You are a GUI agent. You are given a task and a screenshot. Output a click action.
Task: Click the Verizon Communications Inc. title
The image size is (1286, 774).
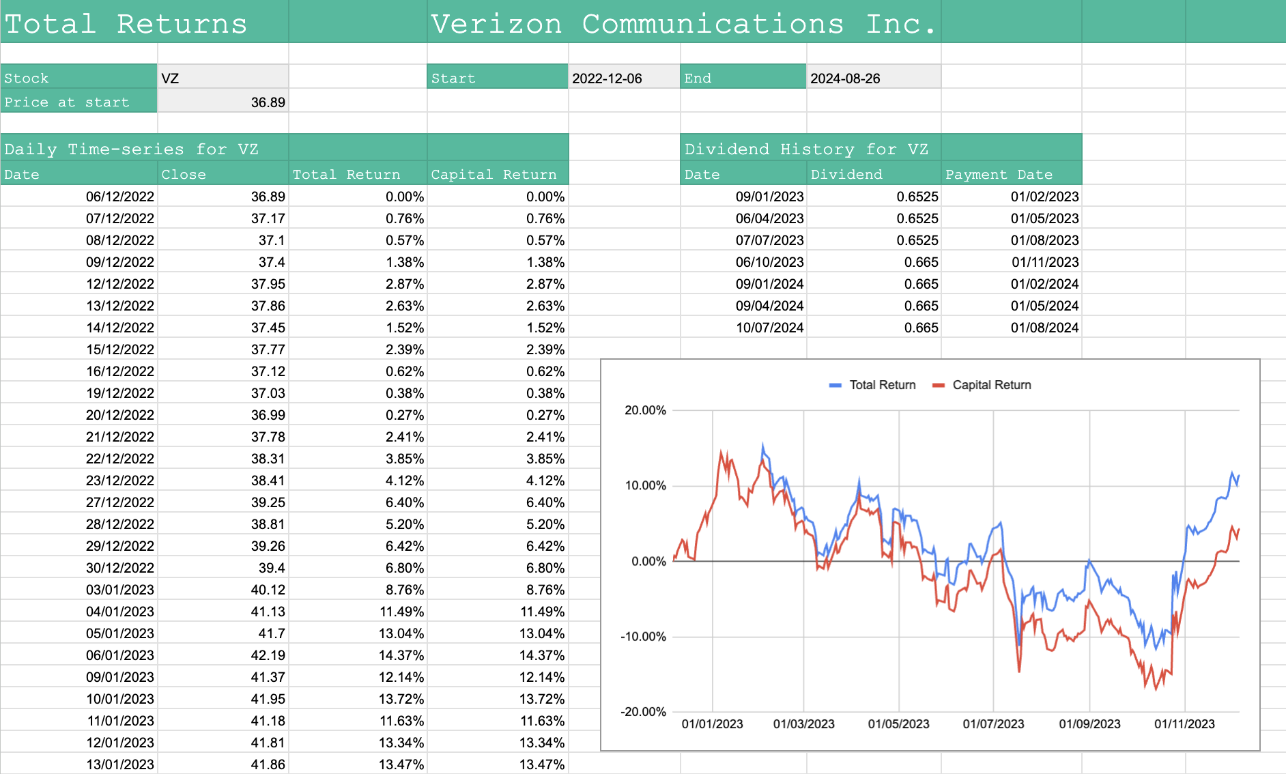coord(683,24)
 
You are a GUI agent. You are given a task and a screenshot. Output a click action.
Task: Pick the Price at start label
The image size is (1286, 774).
coord(66,102)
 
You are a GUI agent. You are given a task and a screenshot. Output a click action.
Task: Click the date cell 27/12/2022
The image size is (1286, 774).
coord(120,502)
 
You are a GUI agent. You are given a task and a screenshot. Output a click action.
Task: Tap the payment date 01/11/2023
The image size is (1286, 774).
coord(1044,262)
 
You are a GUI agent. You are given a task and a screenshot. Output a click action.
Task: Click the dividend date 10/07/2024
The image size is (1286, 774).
coord(769,328)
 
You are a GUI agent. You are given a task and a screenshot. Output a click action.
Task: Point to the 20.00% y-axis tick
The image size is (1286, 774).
coord(645,410)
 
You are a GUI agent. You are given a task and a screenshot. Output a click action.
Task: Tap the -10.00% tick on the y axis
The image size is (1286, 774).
coord(643,637)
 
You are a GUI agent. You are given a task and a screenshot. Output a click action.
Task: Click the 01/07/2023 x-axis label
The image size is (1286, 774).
coord(993,724)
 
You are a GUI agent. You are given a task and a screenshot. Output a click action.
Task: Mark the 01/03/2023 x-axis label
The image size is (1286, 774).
coord(803,724)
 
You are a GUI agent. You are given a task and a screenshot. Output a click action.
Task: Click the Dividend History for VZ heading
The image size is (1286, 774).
coord(806,149)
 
